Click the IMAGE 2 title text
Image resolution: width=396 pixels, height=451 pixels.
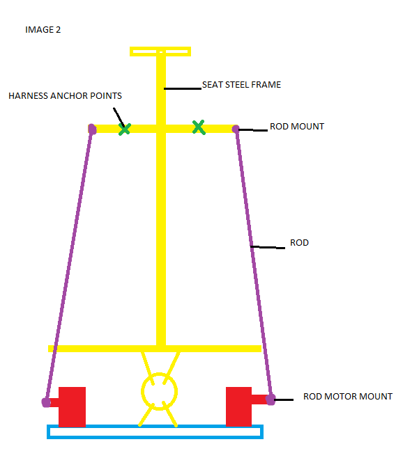coord(43,30)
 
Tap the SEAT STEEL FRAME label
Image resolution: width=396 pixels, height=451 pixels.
coord(241,85)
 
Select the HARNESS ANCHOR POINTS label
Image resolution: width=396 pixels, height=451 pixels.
coord(65,95)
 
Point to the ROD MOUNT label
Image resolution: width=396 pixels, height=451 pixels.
coord(297,126)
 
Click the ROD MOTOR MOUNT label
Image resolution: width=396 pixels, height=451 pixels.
coord(348,396)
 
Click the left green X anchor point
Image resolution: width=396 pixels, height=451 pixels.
coord(125,129)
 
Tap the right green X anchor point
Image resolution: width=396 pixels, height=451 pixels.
coord(199,127)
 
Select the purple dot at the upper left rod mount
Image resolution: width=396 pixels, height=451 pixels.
coord(92,129)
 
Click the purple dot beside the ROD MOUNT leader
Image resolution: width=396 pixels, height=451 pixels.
coord(236,129)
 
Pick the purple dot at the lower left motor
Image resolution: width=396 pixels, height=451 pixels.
coord(46,402)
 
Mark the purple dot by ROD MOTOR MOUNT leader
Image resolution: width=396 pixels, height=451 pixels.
coord(271,399)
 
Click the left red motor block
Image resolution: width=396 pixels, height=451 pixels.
coord(72,406)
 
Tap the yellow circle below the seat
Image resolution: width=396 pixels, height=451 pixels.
coord(142,391)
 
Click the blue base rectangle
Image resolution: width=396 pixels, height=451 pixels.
coord(155,426)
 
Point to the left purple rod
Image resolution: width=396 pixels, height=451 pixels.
coord(69,264)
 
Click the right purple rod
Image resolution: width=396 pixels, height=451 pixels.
coord(253,263)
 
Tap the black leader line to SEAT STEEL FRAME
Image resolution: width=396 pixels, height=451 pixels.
coord(183,88)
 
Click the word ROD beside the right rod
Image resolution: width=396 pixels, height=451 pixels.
coord(300,242)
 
